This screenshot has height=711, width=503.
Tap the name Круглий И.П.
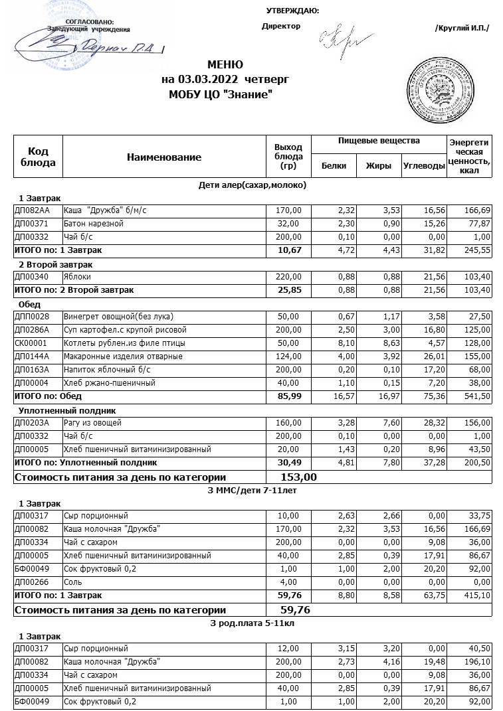(x=461, y=28)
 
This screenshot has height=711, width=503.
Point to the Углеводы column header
(x=424, y=166)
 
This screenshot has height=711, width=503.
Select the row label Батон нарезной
(x=93, y=224)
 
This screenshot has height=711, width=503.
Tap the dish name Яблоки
(x=77, y=277)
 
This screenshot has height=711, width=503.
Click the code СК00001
(x=28, y=343)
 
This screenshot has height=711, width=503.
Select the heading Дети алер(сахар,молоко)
(x=252, y=185)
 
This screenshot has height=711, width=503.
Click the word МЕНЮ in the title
(x=225, y=65)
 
